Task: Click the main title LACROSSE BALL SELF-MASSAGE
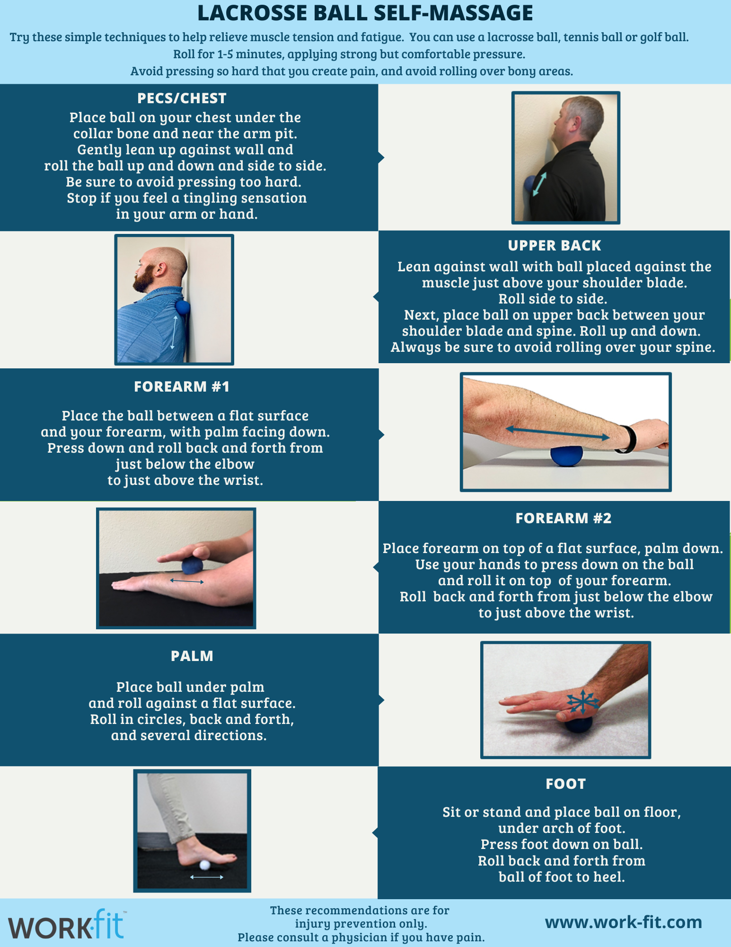365,13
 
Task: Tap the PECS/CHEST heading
182,98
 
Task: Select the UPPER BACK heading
555,245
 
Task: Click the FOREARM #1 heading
182,386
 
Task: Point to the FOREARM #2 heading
564,518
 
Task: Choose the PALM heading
192,656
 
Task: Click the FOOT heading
565,784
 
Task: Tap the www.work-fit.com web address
624,922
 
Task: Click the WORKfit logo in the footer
66,925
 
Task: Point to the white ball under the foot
205,865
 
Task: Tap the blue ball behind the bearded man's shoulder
183,307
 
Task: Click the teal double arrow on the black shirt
540,184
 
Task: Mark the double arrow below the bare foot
207,877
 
